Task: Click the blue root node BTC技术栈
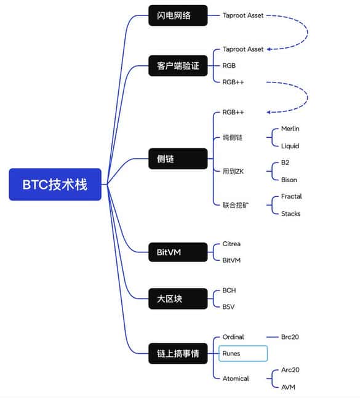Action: (x=55, y=184)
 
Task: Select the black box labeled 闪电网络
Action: (x=178, y=15)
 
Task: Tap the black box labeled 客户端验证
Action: (x=178, y=65)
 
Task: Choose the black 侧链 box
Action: (x=178, y=159)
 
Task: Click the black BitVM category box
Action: (x=178, y=251)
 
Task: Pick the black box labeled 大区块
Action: (x=178, y=299)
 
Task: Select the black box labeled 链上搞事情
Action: (x=178, y=353)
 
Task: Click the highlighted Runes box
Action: (x=243, y=353)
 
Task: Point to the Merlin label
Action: (x=290, y=129)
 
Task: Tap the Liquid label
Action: (x=290, y=146)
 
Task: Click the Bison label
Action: (x=289, y=180)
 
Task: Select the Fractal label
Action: (x=291, y=196)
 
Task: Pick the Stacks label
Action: (x=290, y=214)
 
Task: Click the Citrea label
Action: (x=233, y=244)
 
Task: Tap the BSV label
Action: (x=229, y=306)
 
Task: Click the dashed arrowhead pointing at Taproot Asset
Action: (x=270, y=49)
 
